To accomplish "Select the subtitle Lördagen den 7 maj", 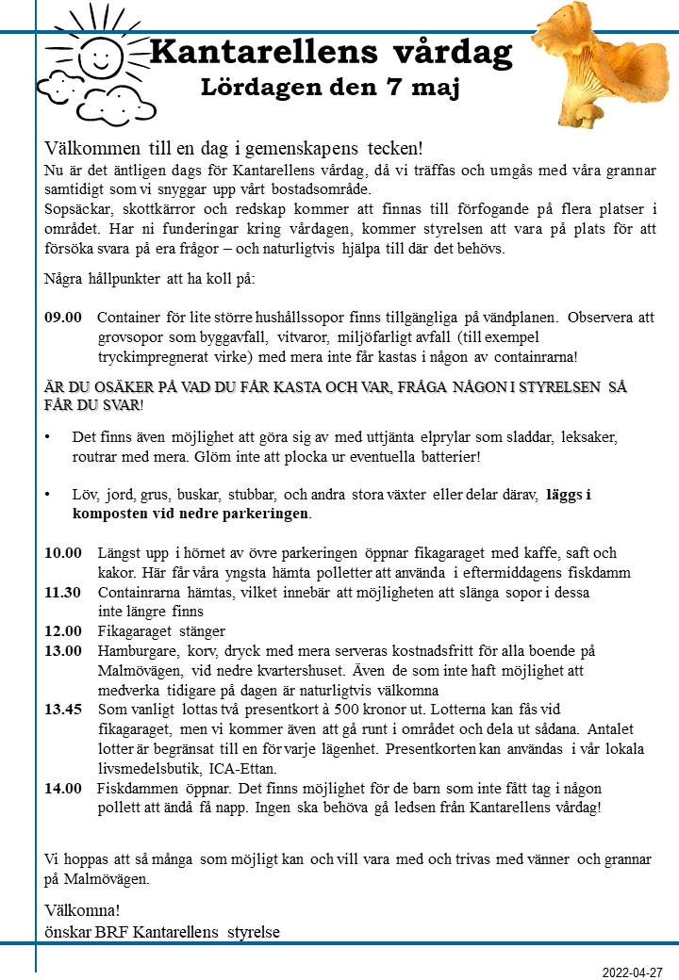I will [330, 89].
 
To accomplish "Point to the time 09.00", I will [63, 318].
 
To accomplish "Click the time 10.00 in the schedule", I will [63, 552].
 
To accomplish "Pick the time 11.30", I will [63, 592].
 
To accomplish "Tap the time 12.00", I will [63, 630].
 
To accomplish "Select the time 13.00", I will [63, 650].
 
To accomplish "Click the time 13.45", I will [63, 710].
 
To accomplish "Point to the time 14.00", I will [63, 788].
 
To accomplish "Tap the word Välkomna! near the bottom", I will [82, 910].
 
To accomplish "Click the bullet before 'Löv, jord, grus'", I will [47, 494].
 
